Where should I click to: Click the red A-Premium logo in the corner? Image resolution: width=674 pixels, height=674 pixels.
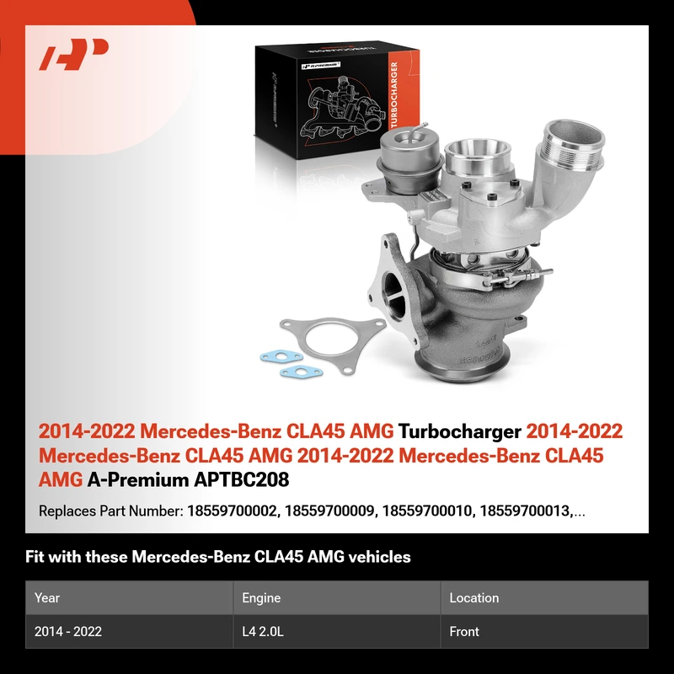coord(73,54)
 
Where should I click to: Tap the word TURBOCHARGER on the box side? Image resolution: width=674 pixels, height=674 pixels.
coord(394,95)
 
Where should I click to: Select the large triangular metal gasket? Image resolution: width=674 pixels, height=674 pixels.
coord(333,343)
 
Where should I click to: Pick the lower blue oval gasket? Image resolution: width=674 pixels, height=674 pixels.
coord(301,372)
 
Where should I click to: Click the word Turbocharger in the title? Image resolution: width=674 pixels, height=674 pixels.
coord(459,431)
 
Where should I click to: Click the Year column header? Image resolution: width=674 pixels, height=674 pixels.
coord(47,598)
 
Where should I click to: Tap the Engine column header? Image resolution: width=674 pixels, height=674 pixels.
coord(261,598)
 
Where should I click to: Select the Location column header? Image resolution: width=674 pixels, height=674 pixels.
coord(474,598)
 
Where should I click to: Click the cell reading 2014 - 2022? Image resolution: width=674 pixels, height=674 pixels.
coord(68,631)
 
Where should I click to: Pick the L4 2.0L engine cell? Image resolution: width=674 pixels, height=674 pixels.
coord(263,631)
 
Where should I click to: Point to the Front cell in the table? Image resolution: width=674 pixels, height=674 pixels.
coord(464,631)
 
